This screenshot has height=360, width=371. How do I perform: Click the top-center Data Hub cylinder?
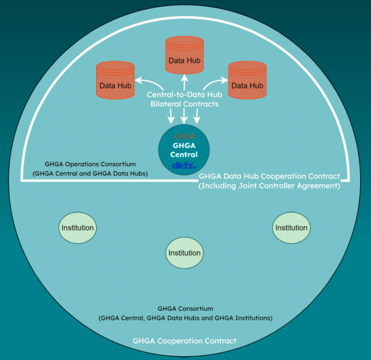click(x=184, y=55)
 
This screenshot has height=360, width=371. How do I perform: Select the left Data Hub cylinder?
click(x=115, y=80)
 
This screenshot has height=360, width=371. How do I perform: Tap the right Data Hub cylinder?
click(x=247, y=80)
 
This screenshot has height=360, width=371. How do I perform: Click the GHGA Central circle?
click(x=184, y=150)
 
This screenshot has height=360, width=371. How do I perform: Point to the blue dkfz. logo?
click(x=184, y=166)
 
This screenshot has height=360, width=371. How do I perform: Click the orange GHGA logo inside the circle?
click(x=185, y=136)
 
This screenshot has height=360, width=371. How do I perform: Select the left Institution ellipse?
click(x=77, y=228)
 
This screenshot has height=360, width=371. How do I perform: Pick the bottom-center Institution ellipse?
click(x=184, y=253)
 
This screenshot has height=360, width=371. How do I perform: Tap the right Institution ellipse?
click(x=291, y=228)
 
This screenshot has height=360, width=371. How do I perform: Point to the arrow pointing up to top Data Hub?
click(x=184, y=82)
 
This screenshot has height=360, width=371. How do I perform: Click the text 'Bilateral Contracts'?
click(x=184, y=104)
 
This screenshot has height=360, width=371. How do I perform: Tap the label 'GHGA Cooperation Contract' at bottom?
click(x=184, y=341)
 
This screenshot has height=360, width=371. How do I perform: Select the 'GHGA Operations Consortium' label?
click(x=90, y=164)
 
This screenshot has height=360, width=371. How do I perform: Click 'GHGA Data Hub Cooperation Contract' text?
click(x=270, y=176)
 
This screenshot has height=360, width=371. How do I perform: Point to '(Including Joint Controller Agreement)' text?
click(x=270, y=186)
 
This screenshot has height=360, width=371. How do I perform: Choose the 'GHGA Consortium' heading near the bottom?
click(x=185, y=308)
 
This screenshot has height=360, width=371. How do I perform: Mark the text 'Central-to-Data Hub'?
click(x=184, y=95)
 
